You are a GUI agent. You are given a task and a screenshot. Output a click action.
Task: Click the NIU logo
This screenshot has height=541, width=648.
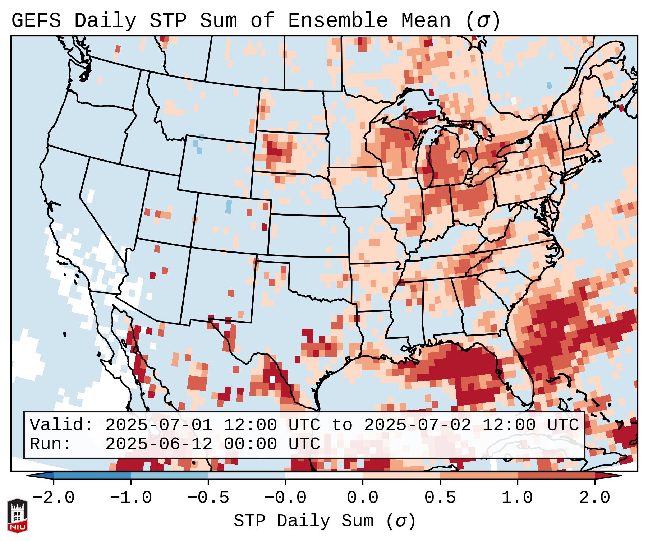(x=17, y=515)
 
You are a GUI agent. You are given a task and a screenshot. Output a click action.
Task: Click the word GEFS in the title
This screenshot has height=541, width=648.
(x=36, y=21)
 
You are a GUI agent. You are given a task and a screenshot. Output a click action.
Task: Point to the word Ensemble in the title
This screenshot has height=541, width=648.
(x=337, y=21)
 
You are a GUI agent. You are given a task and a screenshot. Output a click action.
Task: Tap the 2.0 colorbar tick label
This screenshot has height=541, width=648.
(x=594, y=498)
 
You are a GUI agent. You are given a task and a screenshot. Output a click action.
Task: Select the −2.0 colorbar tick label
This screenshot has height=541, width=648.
(x=54, y=498)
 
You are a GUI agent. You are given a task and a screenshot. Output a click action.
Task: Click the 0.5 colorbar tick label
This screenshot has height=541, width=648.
(x=440, y=498)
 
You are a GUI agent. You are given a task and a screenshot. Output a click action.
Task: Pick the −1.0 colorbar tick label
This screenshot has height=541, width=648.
(x=131, y=498)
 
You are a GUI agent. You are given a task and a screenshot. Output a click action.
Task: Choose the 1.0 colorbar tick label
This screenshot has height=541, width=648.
(x=517, y=498)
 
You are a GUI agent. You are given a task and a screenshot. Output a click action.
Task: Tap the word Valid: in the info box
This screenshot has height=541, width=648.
(x=61, y=425)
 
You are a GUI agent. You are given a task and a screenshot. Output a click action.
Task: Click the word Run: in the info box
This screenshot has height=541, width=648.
(x=51, y=444)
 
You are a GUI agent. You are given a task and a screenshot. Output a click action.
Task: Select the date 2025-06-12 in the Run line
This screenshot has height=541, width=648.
(x=158, y=444)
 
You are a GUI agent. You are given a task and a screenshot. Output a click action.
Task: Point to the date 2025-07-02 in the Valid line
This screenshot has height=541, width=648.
(x=417, y=425)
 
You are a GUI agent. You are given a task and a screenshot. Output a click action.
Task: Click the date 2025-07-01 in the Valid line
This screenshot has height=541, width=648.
(x=158, y=425)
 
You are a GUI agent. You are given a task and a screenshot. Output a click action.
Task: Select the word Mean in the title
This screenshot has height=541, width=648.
(x=426, y=21)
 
